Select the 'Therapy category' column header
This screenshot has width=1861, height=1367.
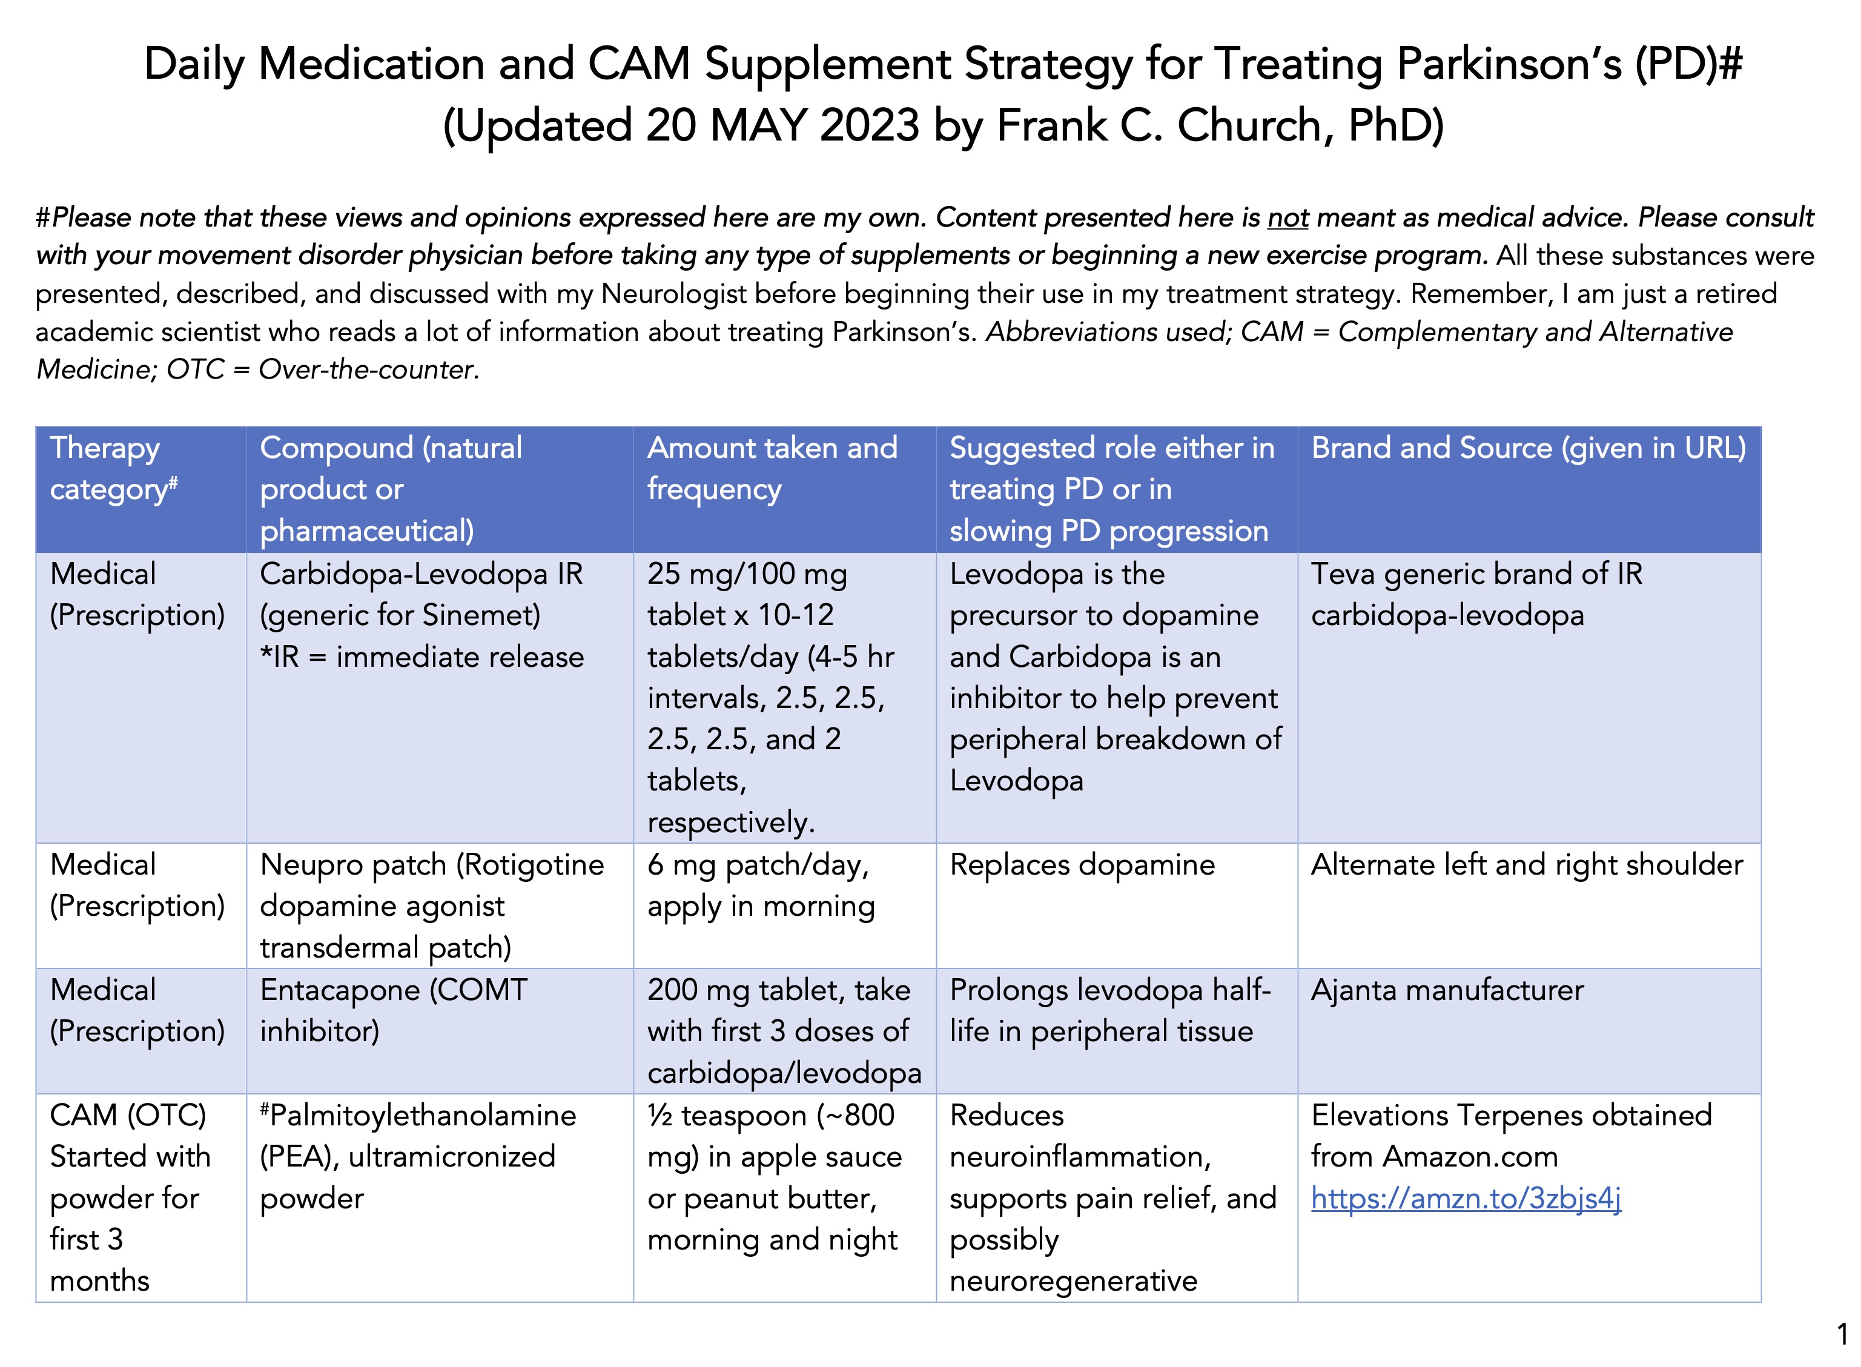[x=113, y=468]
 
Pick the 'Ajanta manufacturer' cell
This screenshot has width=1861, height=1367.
[x=1446, y=990]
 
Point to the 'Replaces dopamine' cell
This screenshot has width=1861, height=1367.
[x=1082, y=865]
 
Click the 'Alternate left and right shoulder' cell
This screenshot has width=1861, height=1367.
[x=1526, y=865]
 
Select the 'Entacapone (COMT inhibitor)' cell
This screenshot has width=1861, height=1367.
[x=393, y=1010]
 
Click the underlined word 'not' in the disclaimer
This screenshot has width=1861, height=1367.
[x=1287, y=217]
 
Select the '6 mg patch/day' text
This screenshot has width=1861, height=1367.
[x=757, y=865]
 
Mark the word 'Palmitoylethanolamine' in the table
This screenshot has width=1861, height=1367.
[x=422, y=1116]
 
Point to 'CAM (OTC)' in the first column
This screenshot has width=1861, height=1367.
[x=127, y=1116]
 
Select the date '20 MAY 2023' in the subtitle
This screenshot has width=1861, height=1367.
[x=783, y=126]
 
